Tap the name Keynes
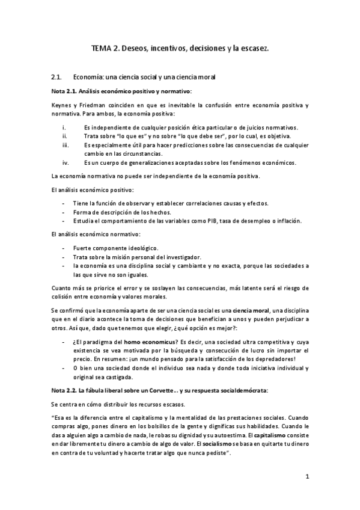click(x=61, y=105)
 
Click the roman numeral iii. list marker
click(x=66, y=145)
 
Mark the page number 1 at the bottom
click(x=307, y=477)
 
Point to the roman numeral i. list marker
click(x=64, y=127)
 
